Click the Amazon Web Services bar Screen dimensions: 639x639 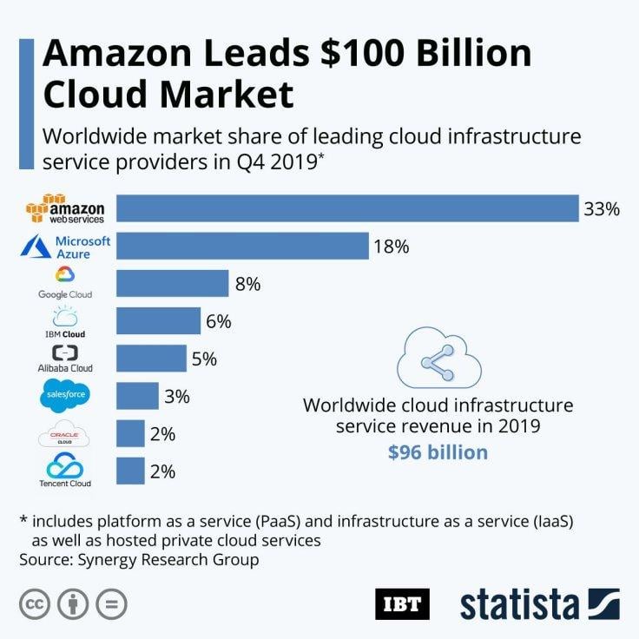[347, 208]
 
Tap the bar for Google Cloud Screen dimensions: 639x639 [172, 283]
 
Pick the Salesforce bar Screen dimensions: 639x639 [137, 396]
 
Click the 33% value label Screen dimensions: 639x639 [602, 209]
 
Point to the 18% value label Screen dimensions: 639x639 [391, 247]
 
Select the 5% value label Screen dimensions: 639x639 [204, 359]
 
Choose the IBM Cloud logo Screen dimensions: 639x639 [66, 321]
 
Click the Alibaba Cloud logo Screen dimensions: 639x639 [66, 359]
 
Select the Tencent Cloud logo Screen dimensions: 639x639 [66, 470]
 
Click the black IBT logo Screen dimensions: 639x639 [402, 603]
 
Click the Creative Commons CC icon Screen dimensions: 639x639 [34, 603]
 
